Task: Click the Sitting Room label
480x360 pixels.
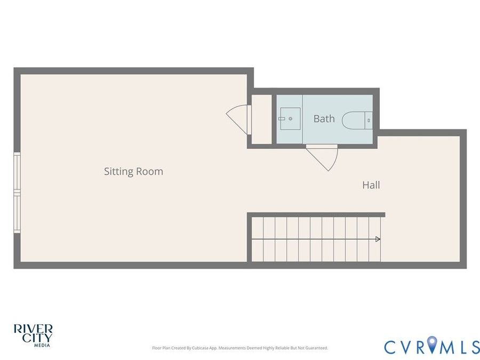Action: [133, 171]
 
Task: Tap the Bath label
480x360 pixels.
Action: [324, 118]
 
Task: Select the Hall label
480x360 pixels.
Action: [371, 185]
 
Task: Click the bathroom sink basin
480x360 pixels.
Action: [290, 118]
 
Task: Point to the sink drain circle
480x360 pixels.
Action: [290, 119]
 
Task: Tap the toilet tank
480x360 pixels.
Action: [369, 120]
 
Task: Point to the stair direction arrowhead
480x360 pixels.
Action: [378, 239]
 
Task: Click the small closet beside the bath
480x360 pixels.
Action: [261, 119]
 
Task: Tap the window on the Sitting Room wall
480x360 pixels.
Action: [17, 193]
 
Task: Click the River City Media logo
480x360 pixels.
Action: [33, 335]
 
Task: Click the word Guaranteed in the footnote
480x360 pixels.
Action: [318, 348]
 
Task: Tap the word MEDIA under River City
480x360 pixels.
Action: [42, 345]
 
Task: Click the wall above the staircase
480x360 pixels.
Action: [316, 214]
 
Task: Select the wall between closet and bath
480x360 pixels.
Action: [274, 119]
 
